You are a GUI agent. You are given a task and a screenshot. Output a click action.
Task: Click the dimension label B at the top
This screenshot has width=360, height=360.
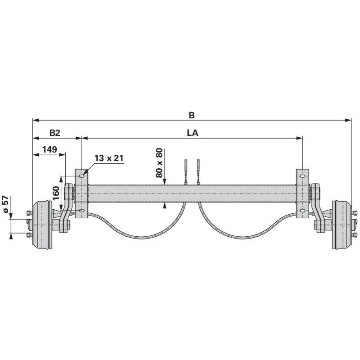(x=192, y=115)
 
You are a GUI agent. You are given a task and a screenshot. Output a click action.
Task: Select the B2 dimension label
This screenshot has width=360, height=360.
(x=55, y=133)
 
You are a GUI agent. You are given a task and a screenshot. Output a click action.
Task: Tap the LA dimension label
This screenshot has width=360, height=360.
(x=193, y=133)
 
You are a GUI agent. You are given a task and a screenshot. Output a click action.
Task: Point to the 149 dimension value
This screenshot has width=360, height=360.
(x=49, y=149)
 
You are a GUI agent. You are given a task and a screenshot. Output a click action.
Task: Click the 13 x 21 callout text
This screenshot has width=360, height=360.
(x=109, y=158)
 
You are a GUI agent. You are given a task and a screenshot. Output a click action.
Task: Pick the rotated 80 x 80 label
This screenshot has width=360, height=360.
(x=159, y=163)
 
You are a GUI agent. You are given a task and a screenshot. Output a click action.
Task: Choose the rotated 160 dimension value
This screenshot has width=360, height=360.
(x=56, y=193)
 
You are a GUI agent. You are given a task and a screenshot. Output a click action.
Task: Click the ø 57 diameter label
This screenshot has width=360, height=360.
(x=5, y=204)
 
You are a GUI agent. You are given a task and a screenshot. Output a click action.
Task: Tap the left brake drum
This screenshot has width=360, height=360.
(x=42, y=225)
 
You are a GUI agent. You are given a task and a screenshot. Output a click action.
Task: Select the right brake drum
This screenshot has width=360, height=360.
(x=342, y=225)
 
